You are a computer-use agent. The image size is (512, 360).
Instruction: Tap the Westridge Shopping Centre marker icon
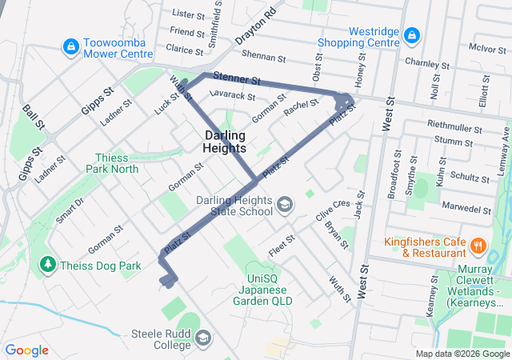click(411, 35)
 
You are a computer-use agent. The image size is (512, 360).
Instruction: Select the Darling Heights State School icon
click(284, 206)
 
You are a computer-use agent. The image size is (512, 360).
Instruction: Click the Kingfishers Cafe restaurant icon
click(478, 246)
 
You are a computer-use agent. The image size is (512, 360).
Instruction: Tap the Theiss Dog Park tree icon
click(48, 264)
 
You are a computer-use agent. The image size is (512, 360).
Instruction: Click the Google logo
click(26, 350)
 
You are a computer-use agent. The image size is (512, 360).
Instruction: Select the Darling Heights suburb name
click(225, 142)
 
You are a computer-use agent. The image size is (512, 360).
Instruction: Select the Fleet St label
click(282, 245)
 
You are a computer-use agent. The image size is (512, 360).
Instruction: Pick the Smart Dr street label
click(70, 210)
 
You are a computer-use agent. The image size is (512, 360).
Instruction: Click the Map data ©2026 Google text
click(462, 354)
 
